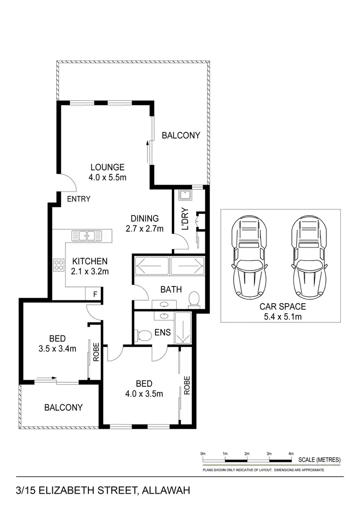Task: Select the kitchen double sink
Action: click(x=87, y=236)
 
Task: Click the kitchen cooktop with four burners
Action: click(x=59, y=265)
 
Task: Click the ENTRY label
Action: click(x=78, y=199)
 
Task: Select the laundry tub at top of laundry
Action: click(x=184, y=196)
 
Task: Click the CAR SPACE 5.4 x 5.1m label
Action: click(x=282, y=311)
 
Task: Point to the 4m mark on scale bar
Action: click(x=291, y=453)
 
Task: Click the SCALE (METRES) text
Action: click(x=319, y=460)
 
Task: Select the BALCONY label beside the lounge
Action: click(x=180, y=135)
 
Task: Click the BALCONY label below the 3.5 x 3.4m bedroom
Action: click(x=63, y=407)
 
